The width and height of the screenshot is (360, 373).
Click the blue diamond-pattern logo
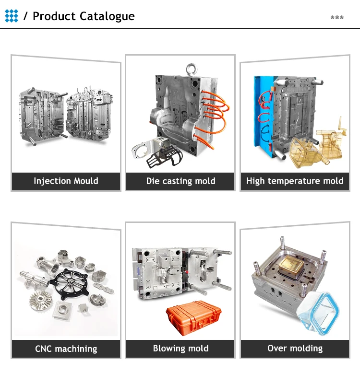12,16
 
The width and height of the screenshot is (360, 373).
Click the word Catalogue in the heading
107,17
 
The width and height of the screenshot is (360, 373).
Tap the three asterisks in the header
337,17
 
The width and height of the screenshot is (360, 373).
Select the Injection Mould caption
66,181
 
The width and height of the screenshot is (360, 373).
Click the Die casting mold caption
180,181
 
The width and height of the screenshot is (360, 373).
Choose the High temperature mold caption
295,181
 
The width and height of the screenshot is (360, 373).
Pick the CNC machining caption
66,349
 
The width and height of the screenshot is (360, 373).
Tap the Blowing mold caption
180,349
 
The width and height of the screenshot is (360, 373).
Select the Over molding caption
295,348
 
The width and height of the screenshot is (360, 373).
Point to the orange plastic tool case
193,318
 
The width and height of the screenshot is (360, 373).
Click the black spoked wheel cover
69,283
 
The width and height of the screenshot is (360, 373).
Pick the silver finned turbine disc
40,301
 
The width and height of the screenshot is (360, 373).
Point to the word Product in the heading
54,16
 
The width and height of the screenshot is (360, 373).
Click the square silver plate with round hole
62,310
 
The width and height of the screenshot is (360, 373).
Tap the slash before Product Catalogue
25,16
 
